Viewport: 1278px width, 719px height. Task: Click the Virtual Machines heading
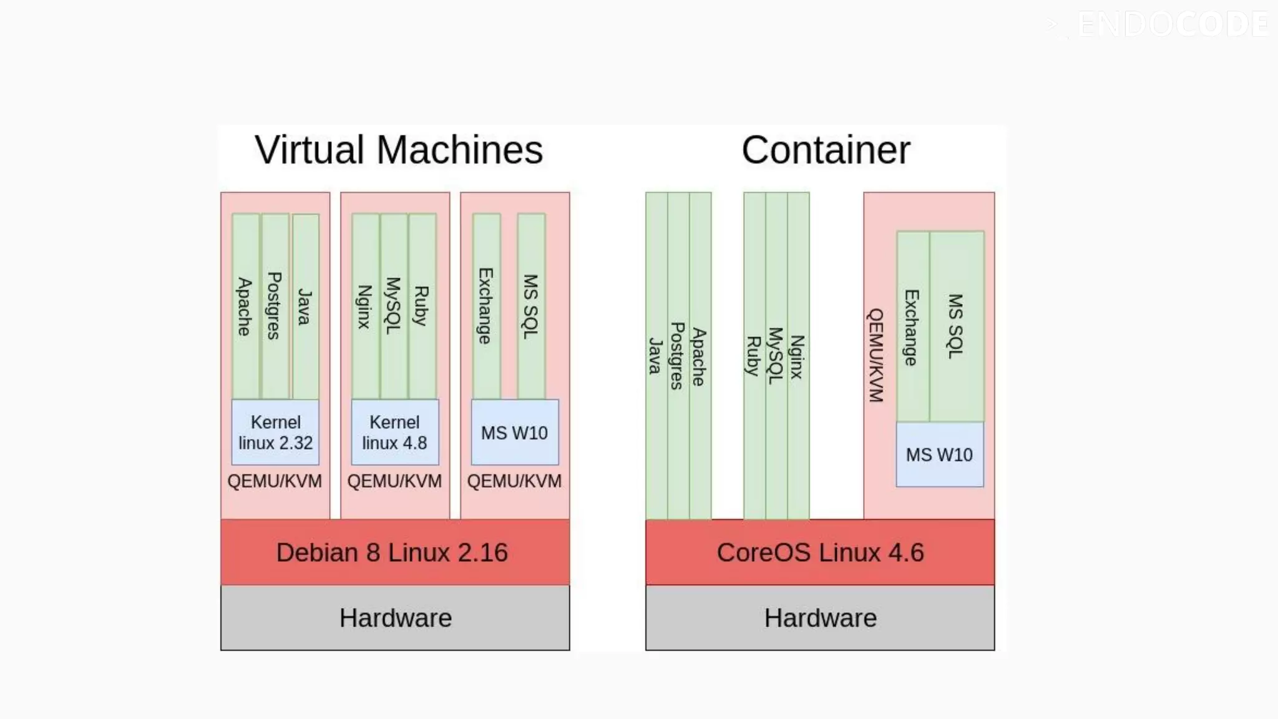pos(399,150)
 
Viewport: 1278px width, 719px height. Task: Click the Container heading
pos(825,150)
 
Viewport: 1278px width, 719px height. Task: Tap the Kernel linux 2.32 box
pos(275,432)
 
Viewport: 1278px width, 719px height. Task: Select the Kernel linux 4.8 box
pos(394,432)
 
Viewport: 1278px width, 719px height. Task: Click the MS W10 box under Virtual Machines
pos(514,433)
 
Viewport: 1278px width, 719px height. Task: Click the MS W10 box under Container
pos(939,454)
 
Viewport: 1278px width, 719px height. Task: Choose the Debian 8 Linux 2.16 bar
pos(393,552)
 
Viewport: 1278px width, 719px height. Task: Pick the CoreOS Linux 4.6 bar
pos(820,552)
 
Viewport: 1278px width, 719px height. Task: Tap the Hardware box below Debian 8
pos(395,618)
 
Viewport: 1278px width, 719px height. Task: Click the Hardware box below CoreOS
pos(820,618)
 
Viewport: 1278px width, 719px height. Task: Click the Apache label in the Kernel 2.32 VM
pos(245,306)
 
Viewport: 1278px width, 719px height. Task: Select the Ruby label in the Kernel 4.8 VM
pos(422,306)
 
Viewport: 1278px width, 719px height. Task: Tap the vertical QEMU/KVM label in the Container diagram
pos(876,355)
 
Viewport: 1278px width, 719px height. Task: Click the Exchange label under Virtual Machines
pos(485,306)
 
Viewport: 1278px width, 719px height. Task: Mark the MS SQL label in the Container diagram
pos(955,326)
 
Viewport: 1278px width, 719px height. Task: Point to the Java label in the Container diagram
pos(655,356)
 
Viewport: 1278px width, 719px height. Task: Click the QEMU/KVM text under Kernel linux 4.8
pos(394,481)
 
